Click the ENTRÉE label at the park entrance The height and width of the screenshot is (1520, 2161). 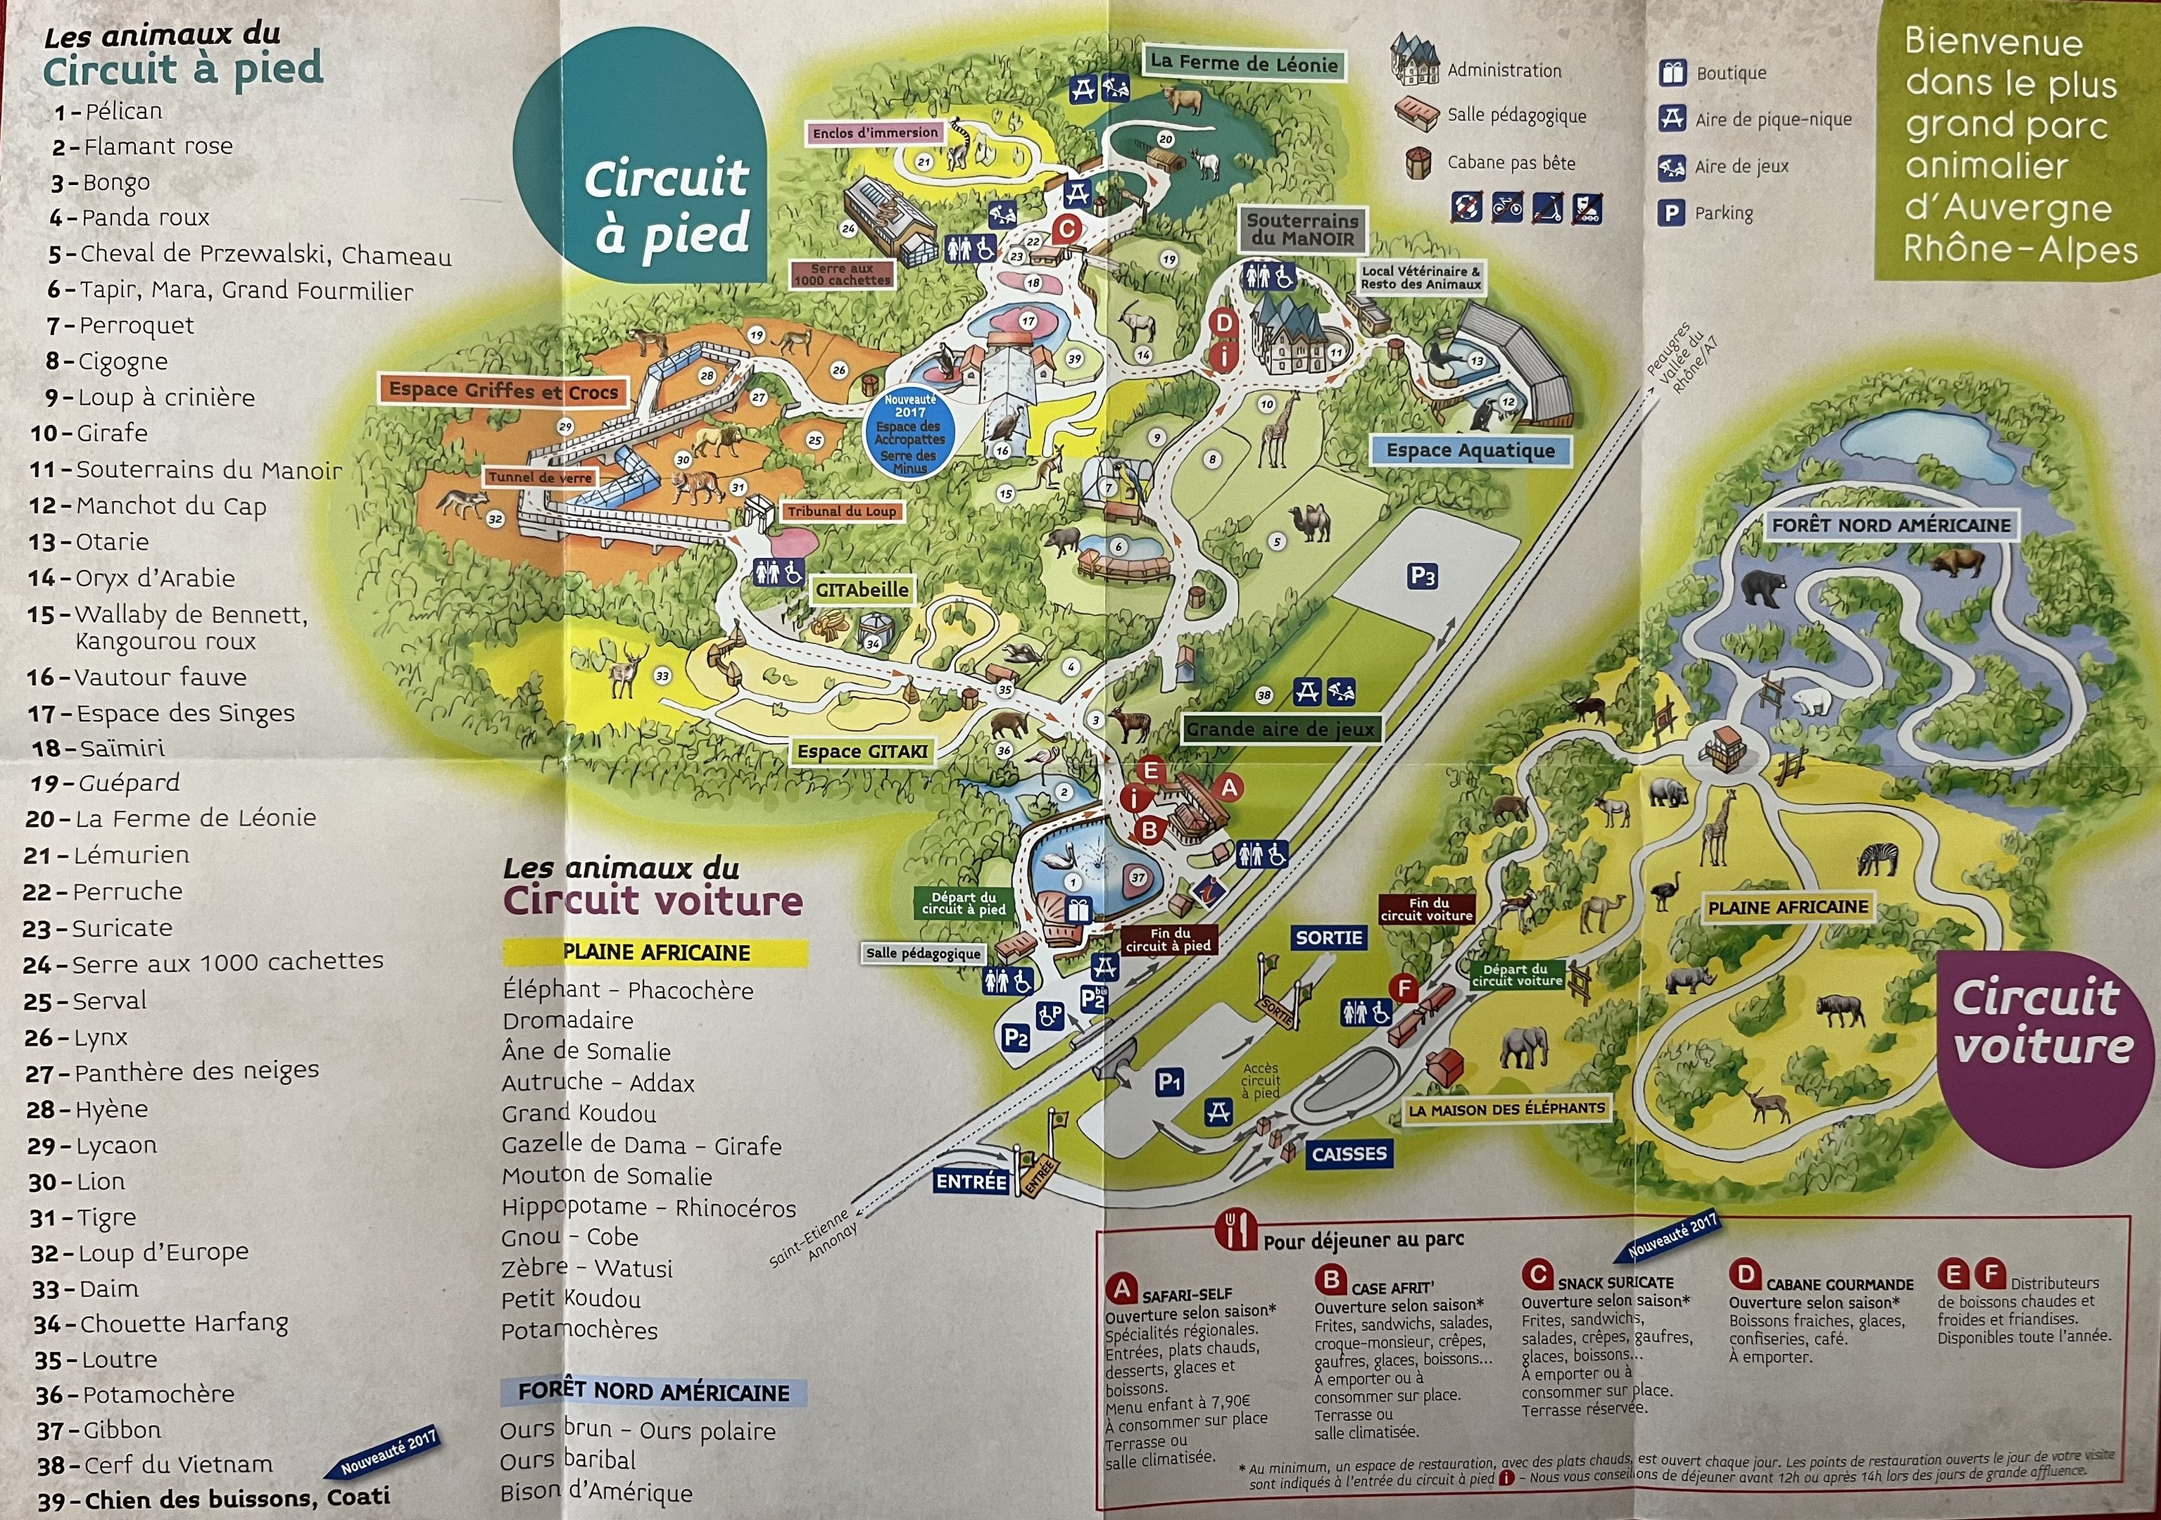pos(971,1182)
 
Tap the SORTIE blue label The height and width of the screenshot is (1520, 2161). pos(1329,937)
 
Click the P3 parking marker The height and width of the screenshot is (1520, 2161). pos(1422,576)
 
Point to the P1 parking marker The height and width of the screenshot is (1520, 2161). pos(1169,1082)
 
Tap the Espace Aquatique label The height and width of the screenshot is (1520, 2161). pos(1470,451)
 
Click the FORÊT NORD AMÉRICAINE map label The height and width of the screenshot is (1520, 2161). pos(1891,525)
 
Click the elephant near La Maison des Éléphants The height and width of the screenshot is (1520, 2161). pos(1523,1046)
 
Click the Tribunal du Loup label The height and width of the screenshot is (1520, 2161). pos(841,511)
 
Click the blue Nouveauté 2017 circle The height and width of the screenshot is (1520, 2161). pos(909,433)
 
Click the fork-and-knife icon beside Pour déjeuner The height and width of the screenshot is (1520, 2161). pos(1236,1230)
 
